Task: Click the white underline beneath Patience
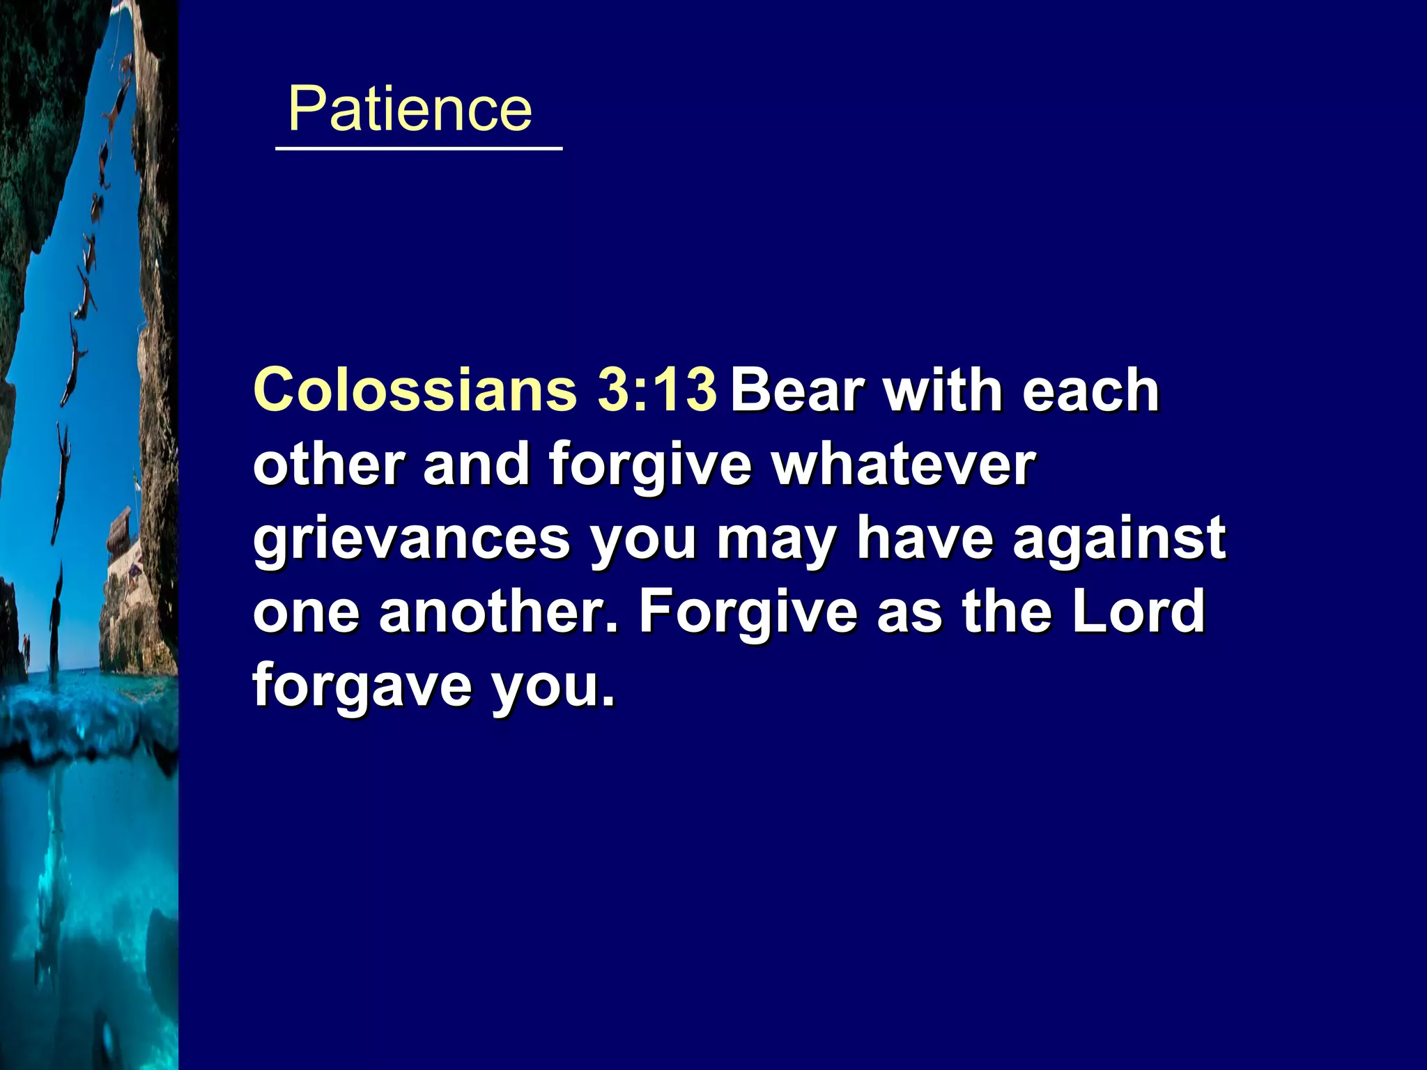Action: pos(419,148)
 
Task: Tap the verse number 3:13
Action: pos(656,389)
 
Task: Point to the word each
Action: pos(1090,391)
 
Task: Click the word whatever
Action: pos(904,465)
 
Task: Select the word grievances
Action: pos(412,540)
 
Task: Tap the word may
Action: pos(776,540)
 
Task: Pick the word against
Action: pos(1119,540)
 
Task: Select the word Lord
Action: pos(1139,611)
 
